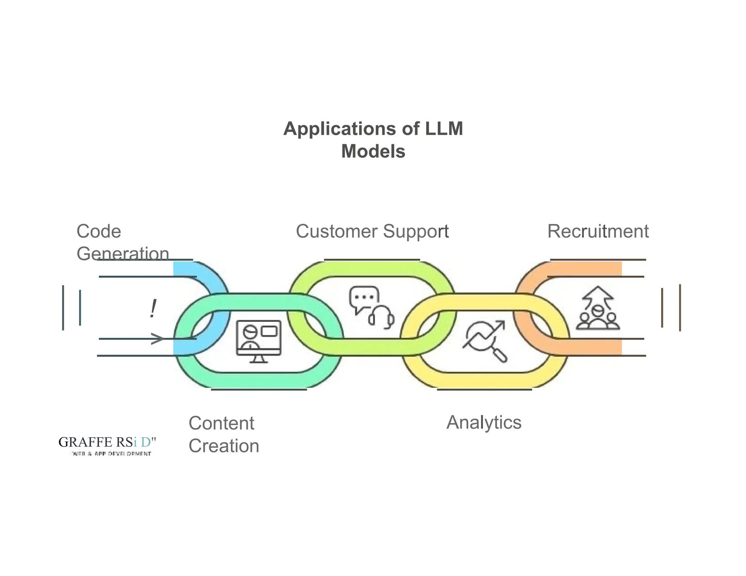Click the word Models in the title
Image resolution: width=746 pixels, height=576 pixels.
click(x=373, y=151)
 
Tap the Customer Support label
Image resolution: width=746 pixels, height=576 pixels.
click(x=372, y=232)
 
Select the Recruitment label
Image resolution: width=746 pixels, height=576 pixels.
click(x=598, y=232)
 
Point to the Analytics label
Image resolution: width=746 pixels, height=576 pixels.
click(x=484, y=422)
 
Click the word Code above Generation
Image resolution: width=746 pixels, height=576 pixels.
click(x=99, y=232)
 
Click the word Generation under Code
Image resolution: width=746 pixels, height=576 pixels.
click(x=123, y=253)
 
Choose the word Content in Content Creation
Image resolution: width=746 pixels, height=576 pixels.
click(x=221, y=423)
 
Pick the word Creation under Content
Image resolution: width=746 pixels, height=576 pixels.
click(x=224, y=446)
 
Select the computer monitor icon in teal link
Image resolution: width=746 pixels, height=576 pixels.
click(x=259, y=340)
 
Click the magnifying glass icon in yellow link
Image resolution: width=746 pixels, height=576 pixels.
click(x=498, y=351)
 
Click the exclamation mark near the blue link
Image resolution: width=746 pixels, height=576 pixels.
click(x=153, y=309)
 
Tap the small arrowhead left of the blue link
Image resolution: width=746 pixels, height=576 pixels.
click(x=157, y=339)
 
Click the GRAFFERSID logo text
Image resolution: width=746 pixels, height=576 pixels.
click(x=107, y=442)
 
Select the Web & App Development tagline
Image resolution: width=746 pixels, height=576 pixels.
click(x=111, y=454)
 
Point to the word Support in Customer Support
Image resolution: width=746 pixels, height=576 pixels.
click(x=416, y=232)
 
